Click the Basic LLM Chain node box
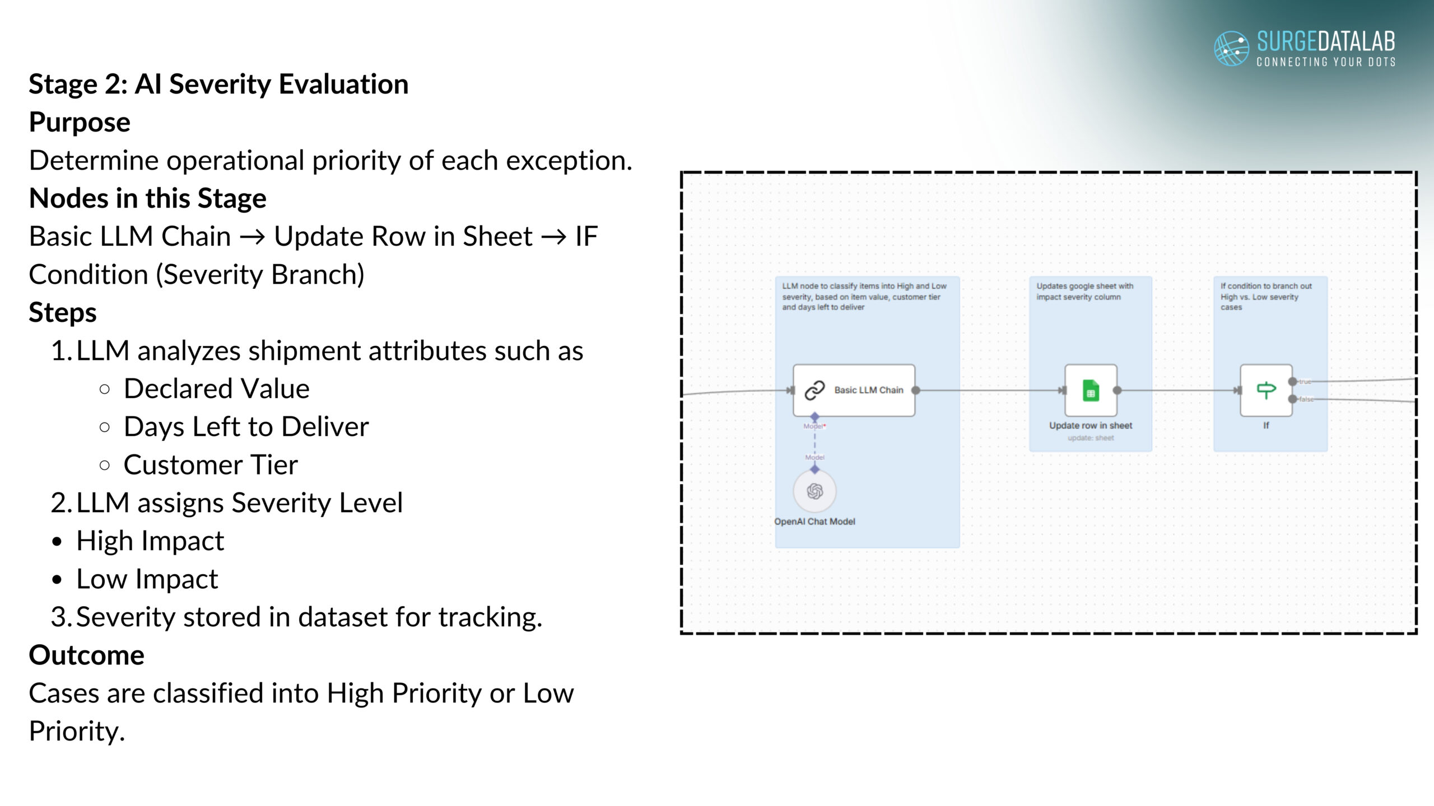[854, 390]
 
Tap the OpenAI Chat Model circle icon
[814, 491]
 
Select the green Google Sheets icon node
[1091, 390]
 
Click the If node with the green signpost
[1266, 390]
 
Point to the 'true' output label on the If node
[1305, 382]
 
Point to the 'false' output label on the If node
[1306, 399]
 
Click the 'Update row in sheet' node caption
[1091, 425]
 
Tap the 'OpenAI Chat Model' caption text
[814, 522]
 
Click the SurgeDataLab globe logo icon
[1231, 48]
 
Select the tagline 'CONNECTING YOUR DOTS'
[1326, 62]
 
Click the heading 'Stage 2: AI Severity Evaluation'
[218, 85]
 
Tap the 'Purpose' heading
[80, 123]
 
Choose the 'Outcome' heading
[87, 655]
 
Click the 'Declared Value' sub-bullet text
[217, 388]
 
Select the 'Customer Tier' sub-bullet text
[211, 465]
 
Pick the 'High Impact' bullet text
[150, 541]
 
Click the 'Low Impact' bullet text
[147, 579]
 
